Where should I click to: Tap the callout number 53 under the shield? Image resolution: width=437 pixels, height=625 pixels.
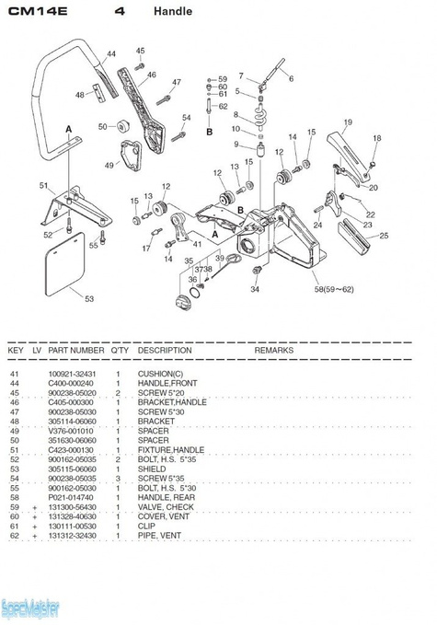[x=88, y=298]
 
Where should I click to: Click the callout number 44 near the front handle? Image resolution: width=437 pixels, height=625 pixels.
[x=110, y=55]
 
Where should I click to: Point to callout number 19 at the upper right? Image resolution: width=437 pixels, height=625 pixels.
[x=348, y=122]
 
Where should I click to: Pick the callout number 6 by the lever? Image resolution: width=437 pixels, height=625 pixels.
[x=292, y=79]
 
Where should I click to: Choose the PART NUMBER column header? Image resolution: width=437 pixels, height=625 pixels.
[x=75, y=351]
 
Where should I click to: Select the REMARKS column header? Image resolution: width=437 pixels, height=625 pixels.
[x=273, y=351]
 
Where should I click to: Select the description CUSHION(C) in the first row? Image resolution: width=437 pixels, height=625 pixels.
[x=160, y=373]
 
